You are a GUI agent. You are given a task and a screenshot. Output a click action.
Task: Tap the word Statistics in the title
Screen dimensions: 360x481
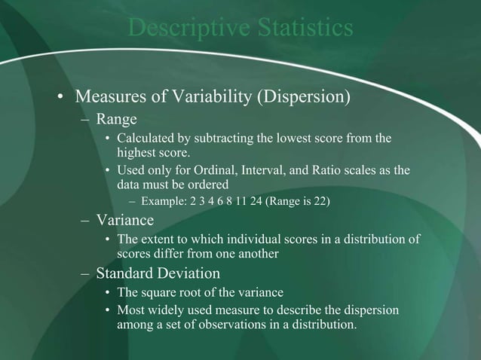pyautogui.click(x=299, y=28)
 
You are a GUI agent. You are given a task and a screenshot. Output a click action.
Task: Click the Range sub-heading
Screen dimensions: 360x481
pyautogui.click(x=115, y=120)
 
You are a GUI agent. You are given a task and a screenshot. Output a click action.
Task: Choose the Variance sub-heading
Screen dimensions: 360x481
pyautogui.click(x=125, y=221)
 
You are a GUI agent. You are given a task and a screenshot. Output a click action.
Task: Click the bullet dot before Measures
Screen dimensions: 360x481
pyautogui.click(x=60, y=99)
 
